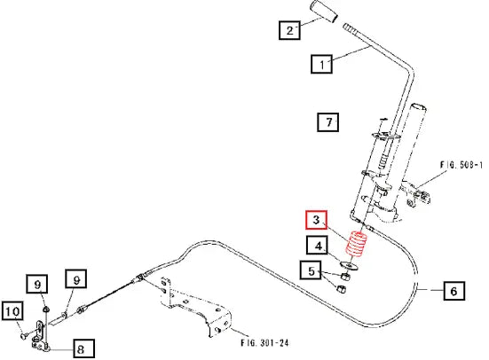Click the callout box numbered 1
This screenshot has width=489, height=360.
click(321, 64)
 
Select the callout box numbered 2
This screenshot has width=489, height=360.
click(289, 30)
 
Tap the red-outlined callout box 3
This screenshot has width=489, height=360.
click(316, 220)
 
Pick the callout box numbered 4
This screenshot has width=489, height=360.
click(318, 246)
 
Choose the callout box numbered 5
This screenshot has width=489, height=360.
click(311, 270)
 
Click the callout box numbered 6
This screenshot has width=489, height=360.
click(454, 291)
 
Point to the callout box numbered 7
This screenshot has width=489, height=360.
click(328, 121)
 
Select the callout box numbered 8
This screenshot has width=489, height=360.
click(84, 348)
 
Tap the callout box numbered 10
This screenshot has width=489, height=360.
click(12, 310)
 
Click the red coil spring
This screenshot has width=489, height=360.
click(357, 244)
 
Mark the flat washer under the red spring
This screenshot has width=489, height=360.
click(350, 265)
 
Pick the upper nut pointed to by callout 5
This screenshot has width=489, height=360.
click(345, 276)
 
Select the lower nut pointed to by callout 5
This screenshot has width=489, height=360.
click(342, 288)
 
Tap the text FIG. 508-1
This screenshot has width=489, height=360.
click(461, 165)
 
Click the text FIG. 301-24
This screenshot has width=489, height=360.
click(264, 343)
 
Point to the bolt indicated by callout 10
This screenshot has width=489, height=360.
click(25, 336)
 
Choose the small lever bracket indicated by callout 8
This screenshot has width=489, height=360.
click(40, 337)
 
